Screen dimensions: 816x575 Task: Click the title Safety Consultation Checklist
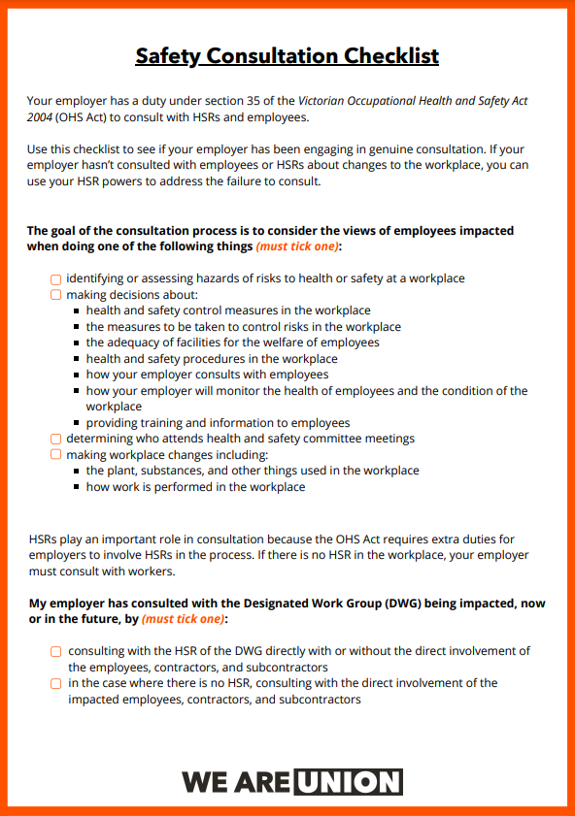287,55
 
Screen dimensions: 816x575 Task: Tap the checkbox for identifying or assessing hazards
56,279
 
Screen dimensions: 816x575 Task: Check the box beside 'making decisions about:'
56,295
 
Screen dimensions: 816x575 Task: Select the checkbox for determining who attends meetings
56,439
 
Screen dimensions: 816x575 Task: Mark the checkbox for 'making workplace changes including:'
56,454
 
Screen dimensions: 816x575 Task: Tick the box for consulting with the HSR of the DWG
56,652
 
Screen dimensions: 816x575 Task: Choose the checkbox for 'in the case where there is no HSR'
56,684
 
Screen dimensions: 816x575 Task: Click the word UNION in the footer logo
349,782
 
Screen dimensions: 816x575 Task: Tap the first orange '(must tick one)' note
298,247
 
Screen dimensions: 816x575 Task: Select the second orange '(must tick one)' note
184,619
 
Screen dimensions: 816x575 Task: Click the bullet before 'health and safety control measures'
77,311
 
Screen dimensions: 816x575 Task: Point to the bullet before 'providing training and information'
77,424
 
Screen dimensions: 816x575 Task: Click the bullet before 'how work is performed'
77,487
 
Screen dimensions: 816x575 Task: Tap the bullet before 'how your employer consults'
77,375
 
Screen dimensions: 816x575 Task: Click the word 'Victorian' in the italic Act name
324,101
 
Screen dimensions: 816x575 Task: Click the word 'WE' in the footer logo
202,782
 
